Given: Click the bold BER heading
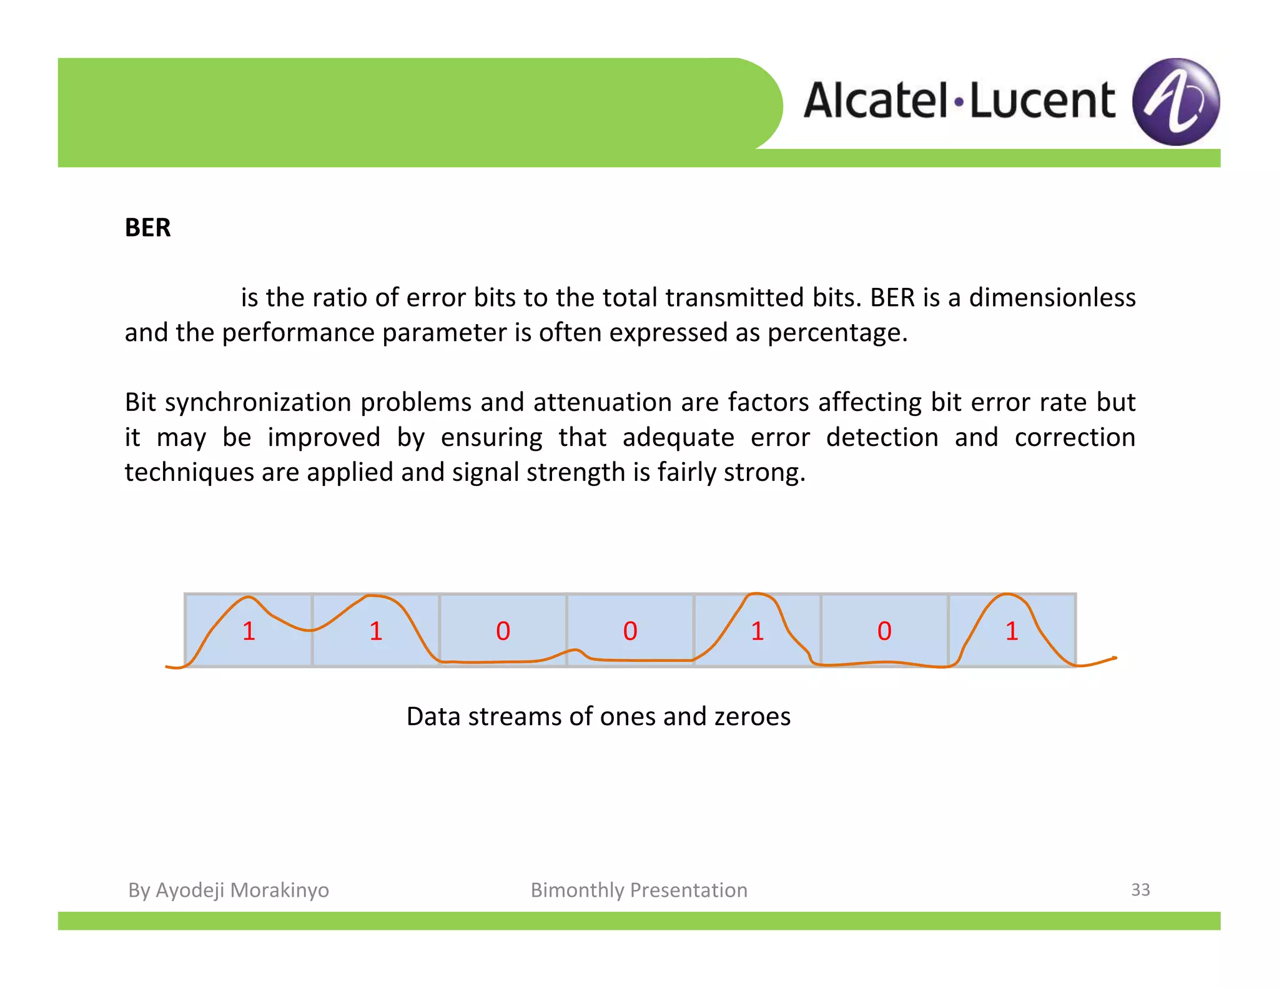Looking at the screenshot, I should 147,227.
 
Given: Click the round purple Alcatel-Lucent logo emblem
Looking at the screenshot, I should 1176,102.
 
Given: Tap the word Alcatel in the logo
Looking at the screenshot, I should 876,101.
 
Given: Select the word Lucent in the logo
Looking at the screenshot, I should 1042,101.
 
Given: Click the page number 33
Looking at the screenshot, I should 1140,889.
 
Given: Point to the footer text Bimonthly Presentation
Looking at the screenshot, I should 639,890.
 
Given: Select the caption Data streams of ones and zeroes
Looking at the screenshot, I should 598,716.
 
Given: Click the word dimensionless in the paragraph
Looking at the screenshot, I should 1052,297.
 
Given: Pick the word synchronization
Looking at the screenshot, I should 259,402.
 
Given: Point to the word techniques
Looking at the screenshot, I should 189,472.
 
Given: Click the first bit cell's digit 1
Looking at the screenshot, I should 249,631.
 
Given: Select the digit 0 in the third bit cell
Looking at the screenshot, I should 503,631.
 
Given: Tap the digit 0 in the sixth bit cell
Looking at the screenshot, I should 884,631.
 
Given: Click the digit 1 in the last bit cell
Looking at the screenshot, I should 1012,631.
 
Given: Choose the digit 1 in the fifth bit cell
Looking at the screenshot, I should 758,631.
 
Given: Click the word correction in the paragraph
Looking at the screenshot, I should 1075,437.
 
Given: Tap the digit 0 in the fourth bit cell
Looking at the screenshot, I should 630,631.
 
